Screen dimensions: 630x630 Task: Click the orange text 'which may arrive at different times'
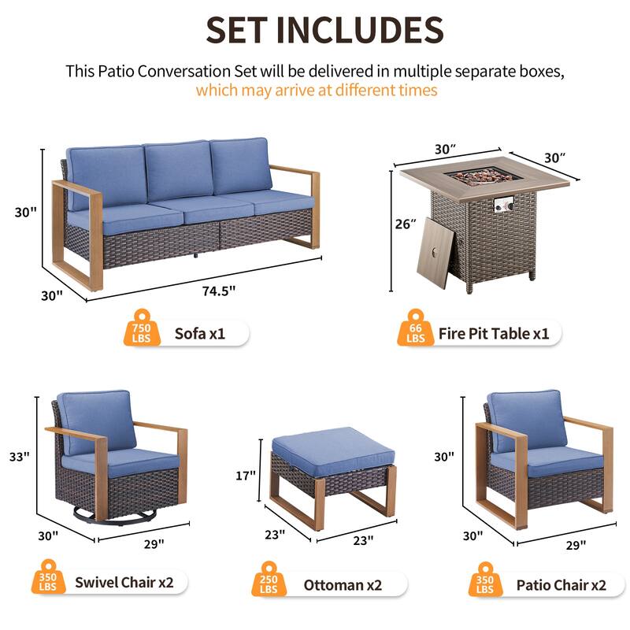click(316, 90)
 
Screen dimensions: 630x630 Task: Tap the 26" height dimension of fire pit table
click(406, 224)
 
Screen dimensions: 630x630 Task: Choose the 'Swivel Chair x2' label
click(130, 583)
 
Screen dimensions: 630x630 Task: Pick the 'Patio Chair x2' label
click(561, 585)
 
